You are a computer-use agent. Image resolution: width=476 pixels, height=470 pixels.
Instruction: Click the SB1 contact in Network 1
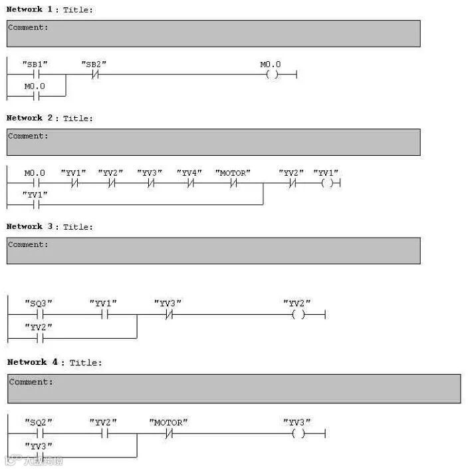click(x=35, y=75)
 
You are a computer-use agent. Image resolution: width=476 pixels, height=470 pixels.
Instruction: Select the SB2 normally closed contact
click(x=94, y=75)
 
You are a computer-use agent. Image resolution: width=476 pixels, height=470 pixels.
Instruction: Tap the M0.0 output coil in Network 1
click(x=271, y=75)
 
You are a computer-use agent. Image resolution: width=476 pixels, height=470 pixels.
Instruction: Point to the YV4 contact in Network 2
click(x=191, y=183)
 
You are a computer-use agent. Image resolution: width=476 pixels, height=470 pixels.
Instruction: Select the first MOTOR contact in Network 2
click(x=233, y=183)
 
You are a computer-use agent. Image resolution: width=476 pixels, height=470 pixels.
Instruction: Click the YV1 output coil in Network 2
click(x=326, y=183)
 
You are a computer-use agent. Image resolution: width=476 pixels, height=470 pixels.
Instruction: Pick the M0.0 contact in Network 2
click(x=35, y=183)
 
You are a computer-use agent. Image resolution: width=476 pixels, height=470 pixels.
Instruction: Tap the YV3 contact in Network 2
click(x=151, y=183)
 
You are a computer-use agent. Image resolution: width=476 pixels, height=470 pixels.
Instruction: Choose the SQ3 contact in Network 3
click(x=39, y=314)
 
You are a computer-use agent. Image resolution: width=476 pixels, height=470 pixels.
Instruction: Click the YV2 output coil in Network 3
click(x=298, y=314)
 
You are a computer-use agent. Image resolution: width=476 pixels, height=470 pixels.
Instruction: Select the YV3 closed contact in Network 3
click(x=168, y=314)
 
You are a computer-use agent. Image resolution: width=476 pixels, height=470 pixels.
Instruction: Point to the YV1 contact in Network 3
click(x=104, y=314)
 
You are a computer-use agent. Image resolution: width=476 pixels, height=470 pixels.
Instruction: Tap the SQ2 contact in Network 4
click(x=39, y=433)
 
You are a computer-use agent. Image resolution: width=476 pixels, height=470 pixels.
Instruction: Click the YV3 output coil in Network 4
click(x=298, y=433)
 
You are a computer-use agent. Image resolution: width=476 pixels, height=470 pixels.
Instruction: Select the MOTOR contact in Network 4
click(x=169, y=433)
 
